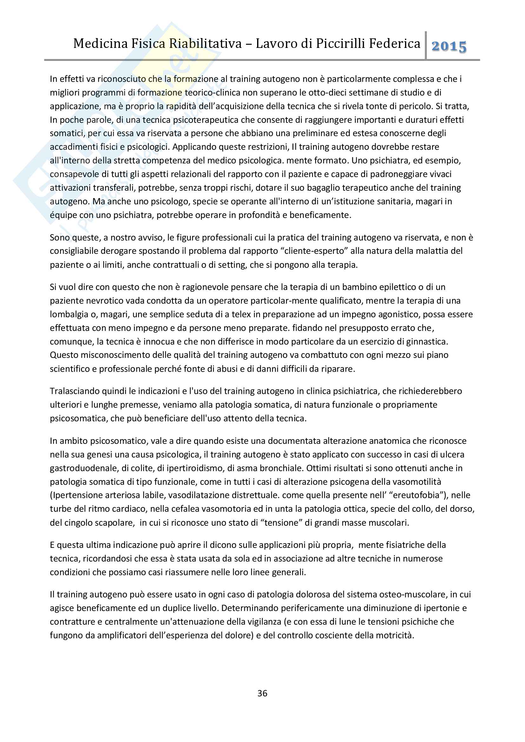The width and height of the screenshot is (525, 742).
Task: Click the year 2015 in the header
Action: click(x=449, y=47)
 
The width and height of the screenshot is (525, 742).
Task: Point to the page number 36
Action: click(x=262, y=693)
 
